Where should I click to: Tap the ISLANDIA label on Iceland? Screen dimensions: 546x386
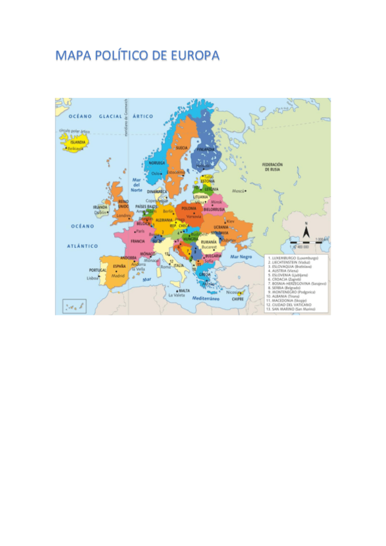coord(77,142)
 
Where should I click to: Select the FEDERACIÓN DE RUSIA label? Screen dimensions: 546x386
coord(272,166)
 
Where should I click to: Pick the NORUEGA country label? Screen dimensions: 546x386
coord(157,163)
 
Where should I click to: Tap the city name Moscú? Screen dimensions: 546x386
coord(238,191)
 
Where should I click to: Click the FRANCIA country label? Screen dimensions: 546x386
coord(137,241)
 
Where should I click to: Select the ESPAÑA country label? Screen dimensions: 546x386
coord(119,265)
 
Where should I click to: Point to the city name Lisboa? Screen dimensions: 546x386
coord(93,278)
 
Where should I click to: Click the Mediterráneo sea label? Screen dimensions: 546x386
coord(207,299)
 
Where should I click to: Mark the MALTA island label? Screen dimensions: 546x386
coord(185,290)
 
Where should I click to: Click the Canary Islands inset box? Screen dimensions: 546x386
coord(74,306)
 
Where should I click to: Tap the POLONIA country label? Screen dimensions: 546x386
coord(189,209)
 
